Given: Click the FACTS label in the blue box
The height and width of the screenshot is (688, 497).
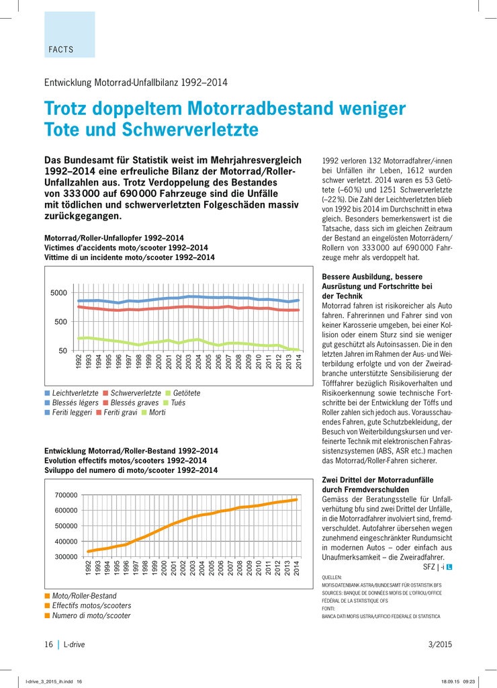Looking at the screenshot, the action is (61, 50).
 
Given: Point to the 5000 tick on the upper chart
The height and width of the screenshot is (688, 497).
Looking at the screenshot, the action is (59, 293).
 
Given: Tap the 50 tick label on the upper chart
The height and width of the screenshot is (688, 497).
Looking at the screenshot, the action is (62, 351).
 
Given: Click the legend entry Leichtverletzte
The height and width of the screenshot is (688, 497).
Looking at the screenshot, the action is (75, 393).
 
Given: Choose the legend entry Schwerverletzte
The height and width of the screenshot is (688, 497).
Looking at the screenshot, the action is (136, 393).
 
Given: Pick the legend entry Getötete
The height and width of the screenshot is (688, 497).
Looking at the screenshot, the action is (187, 393).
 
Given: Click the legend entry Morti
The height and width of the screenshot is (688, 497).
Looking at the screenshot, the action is (157, 413).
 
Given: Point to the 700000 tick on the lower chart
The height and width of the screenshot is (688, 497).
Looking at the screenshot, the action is (66, 495).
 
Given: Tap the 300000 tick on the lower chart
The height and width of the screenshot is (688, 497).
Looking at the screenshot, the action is (66, 557).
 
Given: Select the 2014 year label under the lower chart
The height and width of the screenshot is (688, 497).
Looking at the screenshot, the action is (296, 568).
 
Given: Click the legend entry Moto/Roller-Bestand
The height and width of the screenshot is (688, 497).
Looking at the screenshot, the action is (84, 596).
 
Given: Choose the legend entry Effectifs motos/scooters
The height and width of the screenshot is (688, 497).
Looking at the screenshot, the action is (92, 605).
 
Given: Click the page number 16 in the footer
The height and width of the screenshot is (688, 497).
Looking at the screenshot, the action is (48, 644).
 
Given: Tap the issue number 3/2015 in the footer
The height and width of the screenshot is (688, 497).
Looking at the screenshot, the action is (440, 644).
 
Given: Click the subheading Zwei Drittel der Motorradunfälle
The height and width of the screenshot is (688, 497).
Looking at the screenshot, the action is (377, 480).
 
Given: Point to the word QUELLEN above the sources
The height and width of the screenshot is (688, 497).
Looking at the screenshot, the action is (332, 577).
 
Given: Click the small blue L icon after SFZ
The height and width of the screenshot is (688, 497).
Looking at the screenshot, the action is (449, 567).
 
